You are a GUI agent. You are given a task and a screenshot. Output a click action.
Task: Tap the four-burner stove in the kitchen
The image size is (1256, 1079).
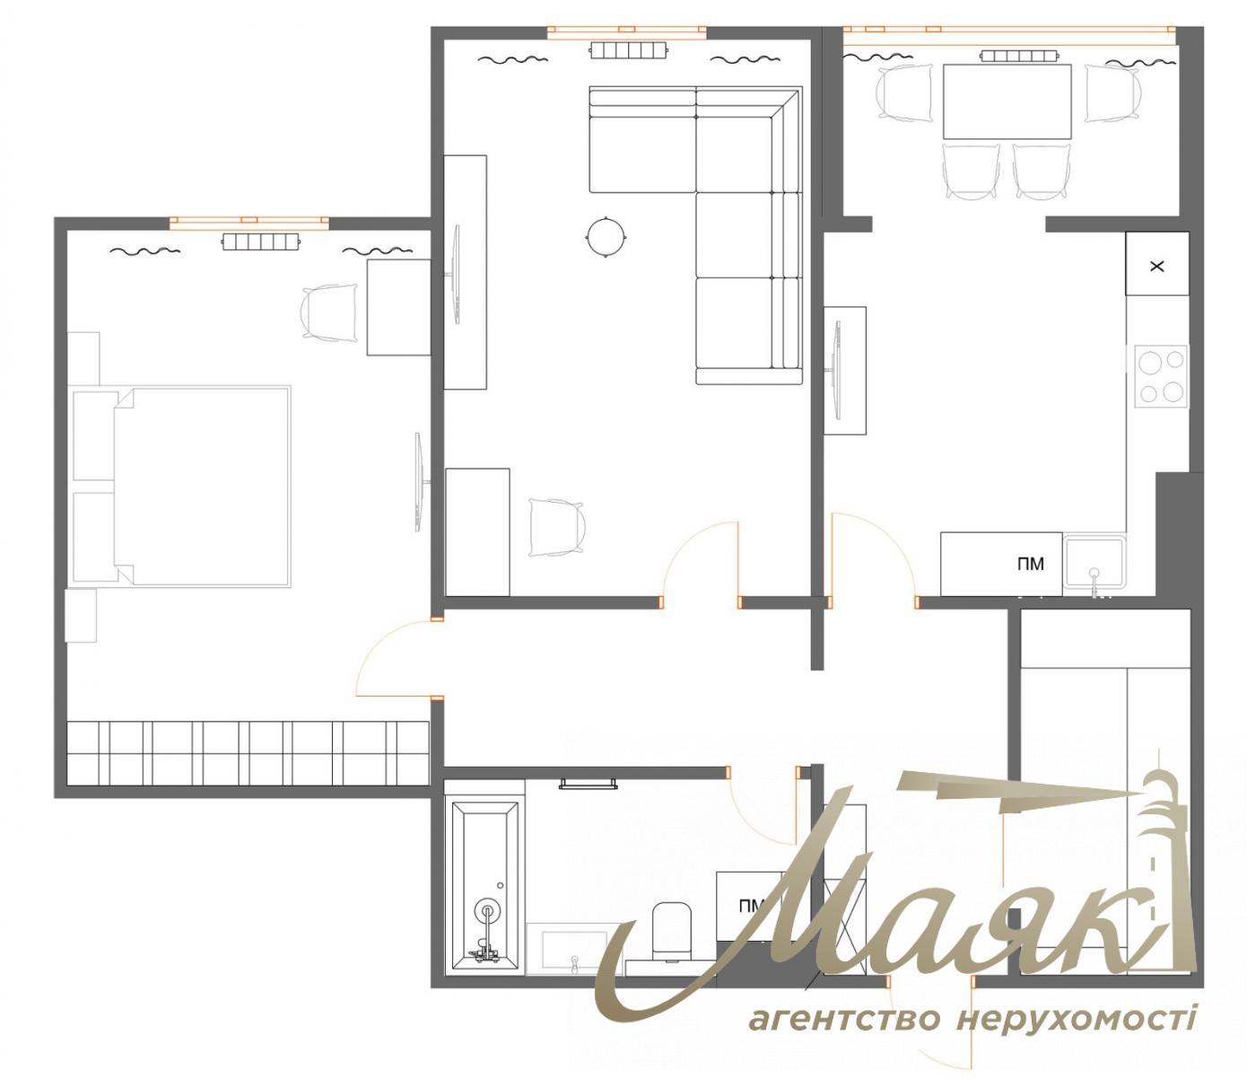coord(1161,375)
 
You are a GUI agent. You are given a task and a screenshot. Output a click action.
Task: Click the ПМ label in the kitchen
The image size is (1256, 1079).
coord(1031,565)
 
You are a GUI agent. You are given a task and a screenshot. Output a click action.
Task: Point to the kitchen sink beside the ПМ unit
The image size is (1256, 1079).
coord(1094,562)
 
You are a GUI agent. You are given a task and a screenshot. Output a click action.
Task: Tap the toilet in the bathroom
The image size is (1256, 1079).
coord(671,928)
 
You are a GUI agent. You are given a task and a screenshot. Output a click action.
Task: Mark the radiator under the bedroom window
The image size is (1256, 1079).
coord(260,241)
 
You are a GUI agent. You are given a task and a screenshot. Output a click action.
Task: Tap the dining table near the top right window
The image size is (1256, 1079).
coord(1007,101)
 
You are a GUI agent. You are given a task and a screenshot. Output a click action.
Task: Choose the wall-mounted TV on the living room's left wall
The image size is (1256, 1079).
coord(458,275)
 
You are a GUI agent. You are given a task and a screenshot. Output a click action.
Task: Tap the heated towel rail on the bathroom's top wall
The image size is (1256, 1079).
coord(589,783)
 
